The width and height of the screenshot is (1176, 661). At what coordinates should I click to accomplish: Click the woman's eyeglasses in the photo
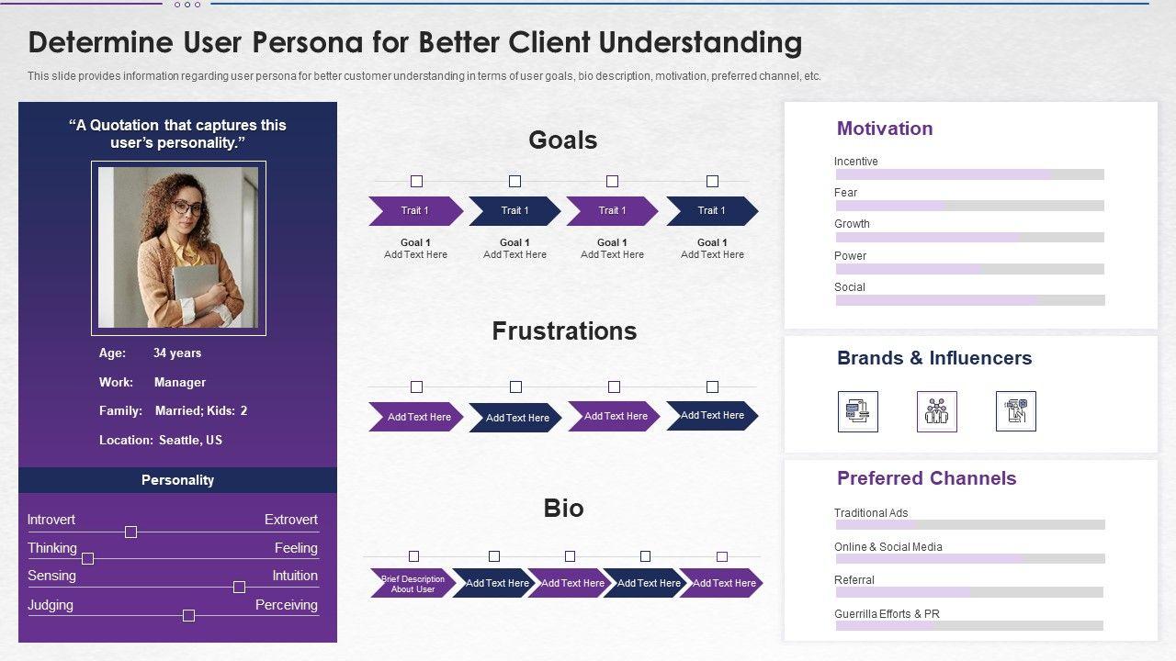tap(188, 209)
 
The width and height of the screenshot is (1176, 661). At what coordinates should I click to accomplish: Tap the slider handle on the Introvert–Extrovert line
tap(130, 532)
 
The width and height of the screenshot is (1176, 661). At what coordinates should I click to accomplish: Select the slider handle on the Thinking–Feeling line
tap(88, 558)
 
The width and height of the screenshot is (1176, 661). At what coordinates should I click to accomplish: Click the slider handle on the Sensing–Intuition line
tap(239, 587)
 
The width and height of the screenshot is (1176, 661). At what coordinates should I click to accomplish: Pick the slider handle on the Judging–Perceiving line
tap(188, 615)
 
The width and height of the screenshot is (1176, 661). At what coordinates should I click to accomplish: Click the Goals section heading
tap(562, 140)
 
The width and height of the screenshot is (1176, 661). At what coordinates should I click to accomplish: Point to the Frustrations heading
tap(564, 331)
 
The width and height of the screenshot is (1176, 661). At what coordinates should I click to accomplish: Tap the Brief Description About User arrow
tap(413, 584)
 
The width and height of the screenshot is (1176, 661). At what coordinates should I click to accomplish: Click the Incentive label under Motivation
tap(855, 162)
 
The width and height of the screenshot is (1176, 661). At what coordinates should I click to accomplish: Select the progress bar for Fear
tap(969, 206)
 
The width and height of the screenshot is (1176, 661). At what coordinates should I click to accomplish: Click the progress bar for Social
tap(969, 300)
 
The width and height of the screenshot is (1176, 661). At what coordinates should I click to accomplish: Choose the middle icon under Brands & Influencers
tap(936, 411)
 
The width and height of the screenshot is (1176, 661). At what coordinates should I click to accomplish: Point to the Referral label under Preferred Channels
tap(854, 580)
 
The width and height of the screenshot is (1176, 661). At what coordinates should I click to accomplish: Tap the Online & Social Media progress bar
tap(969, 558)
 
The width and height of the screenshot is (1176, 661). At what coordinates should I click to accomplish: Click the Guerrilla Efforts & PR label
tap(887, 614)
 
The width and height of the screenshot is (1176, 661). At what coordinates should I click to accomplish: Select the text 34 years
tap(177, 353)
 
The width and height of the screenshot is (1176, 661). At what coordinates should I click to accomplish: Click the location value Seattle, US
tap(190, 441)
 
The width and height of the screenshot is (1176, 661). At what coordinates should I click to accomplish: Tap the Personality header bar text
tap(177, 480)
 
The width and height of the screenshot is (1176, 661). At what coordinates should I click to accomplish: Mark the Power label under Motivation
tap(850, 256)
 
